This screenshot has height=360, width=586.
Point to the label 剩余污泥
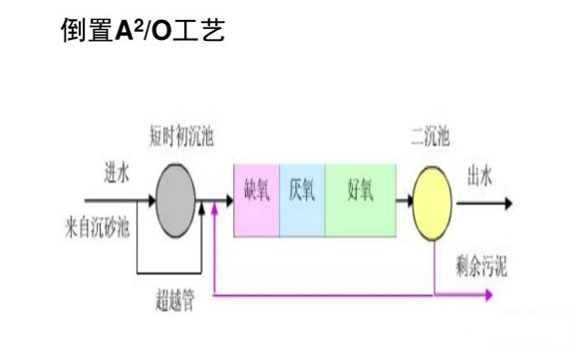click(x=479, y=265)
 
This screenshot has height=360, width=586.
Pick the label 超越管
click(x=175, y=299)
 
